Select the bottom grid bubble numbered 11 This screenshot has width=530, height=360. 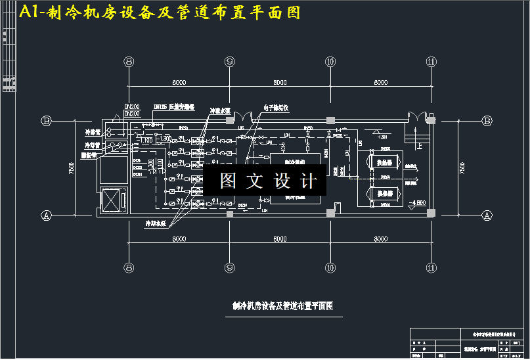(431, 267)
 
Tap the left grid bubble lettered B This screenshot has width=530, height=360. (47, 120)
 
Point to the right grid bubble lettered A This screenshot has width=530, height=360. (487, 215)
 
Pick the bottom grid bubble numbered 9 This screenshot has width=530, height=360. (230, 267)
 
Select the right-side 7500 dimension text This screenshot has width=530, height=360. (462, 168)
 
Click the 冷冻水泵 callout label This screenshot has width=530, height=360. (219, 111)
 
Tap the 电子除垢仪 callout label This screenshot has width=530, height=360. (276, 106)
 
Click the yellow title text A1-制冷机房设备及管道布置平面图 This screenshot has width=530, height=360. (160, 12)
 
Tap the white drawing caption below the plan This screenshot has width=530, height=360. (283, 305)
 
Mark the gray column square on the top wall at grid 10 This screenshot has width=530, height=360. (330, 120)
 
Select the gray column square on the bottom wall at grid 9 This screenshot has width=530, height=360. (230, 214)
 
